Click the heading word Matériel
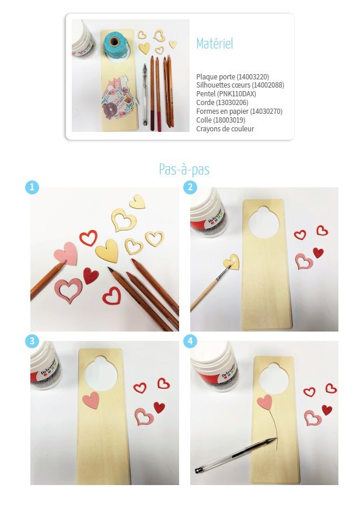215,44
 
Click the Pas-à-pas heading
184,169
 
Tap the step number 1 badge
32,187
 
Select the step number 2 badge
190,187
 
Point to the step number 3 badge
32,341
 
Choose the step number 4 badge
190,341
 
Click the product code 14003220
253,77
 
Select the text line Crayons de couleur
225,128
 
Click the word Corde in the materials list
205,103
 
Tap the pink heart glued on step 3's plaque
91,400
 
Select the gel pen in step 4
236,455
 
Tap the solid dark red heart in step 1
90,276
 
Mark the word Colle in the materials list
203,120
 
